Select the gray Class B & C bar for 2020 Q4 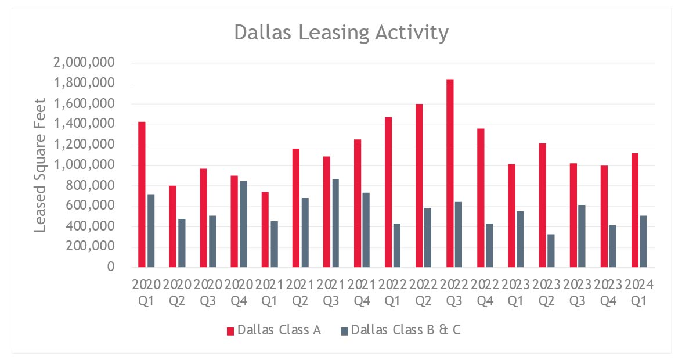click(243, 224)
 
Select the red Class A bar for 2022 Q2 click(419, 185)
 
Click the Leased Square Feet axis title click(39, 164)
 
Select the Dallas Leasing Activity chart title click(341, 33)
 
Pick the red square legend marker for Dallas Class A click(230, 331)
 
